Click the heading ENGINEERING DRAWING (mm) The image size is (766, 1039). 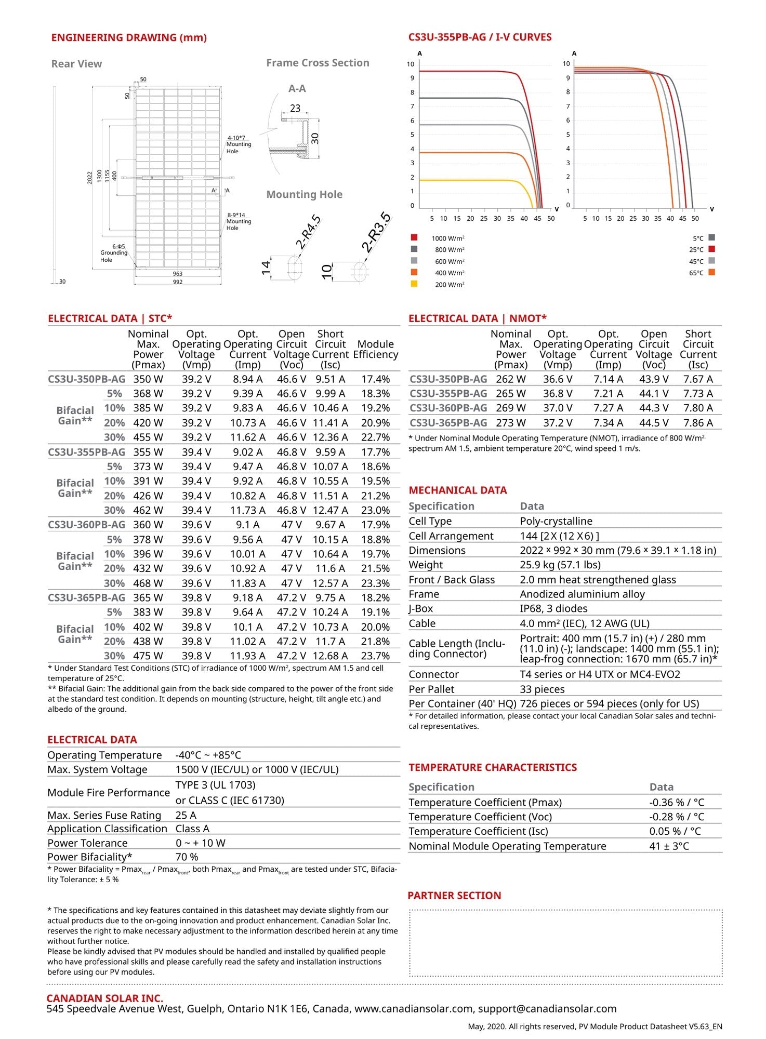pyautogui.click(x=129, y=37)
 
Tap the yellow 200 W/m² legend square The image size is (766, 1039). pyautogui.click(x=414, y=284)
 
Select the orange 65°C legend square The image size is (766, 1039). pyautogui.click(x=711, y=272)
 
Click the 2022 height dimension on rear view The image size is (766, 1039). pyautogui.click(x=89, y=177)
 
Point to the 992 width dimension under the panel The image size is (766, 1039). pyautogui.click(x=178, y=282)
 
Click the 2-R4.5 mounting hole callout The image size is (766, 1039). pyautogui.click(x=308, y=232)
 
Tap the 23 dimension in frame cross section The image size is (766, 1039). pyautogui.click(x=295, y=109)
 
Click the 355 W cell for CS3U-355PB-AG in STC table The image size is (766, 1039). pyautogui.click(x=148, y=452)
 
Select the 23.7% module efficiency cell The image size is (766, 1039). pyautogui.click(x=375, y=656)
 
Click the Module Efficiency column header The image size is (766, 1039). pyautogui.click(x=375, y=349)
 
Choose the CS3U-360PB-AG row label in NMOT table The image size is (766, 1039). pyautogui.click(x=448, y=408)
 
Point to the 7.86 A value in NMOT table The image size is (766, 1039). pyautogui.click(x=698, y=423)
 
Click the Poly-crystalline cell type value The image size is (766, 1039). pyautogui.click(x=556, y=521)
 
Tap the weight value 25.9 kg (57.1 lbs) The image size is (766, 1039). pyautogui.click(x=560, y=565)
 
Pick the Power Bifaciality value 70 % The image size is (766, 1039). pyautogui.click(x=187, y=857)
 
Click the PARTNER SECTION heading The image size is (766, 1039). pyautogui.click(x=454, y=896)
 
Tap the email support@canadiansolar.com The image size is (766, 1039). pyautogui.click(x=547, y=1009)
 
